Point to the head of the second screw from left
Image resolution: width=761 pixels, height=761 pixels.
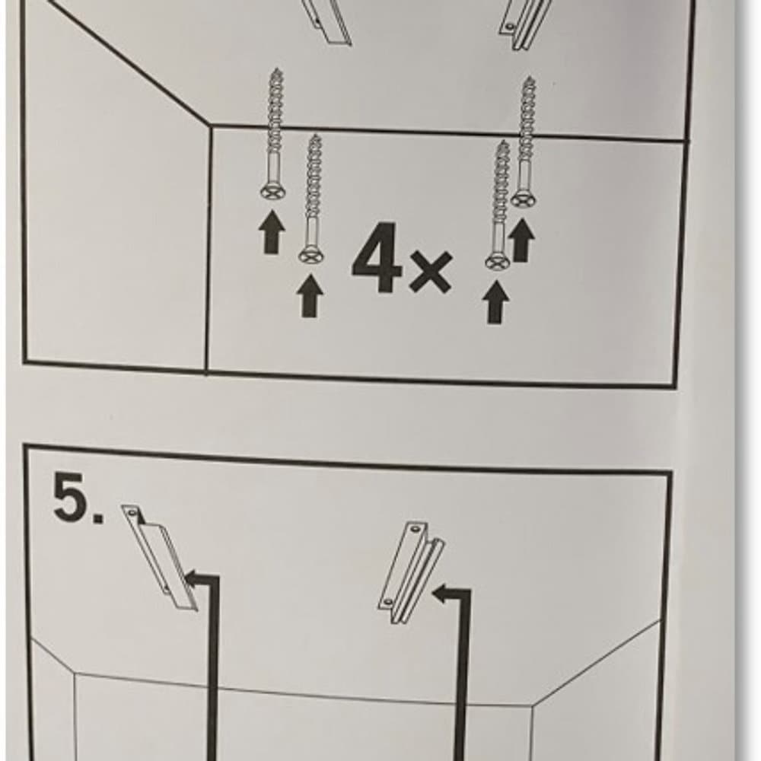pos(311,256)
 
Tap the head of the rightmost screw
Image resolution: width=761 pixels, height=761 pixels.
pos(524,199)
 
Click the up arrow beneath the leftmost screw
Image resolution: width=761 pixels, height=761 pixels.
pos(272,232)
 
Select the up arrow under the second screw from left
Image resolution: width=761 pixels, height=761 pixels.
pos(310,297)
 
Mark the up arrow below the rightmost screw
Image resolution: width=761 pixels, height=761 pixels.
pos(521,240)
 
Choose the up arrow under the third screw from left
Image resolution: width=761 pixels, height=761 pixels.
pos(495,303)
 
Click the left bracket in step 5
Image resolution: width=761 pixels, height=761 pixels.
pos(160,557)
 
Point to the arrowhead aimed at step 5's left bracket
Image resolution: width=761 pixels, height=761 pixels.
pos(195,578)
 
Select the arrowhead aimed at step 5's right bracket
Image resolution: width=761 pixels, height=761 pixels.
pos(441,593)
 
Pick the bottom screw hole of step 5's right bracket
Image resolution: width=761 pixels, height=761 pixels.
pos(388,602)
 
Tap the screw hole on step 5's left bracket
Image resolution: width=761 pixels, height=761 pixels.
pos(131,512)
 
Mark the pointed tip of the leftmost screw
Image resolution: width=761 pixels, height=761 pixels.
pos(277,70)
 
